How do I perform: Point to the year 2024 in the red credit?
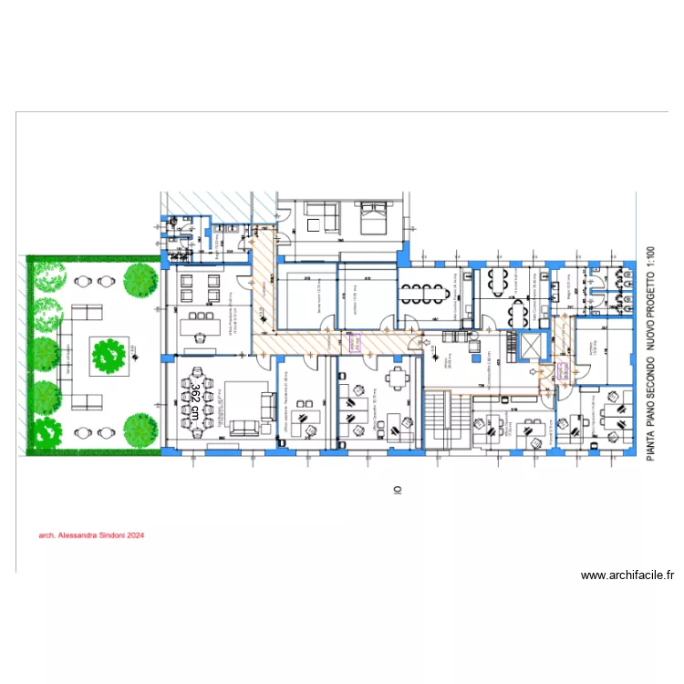tap(137, 537)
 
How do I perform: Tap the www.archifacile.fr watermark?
tap(627, 575)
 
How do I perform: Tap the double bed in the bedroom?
tap(371, 219)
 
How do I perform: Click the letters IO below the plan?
tap(398, 490)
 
